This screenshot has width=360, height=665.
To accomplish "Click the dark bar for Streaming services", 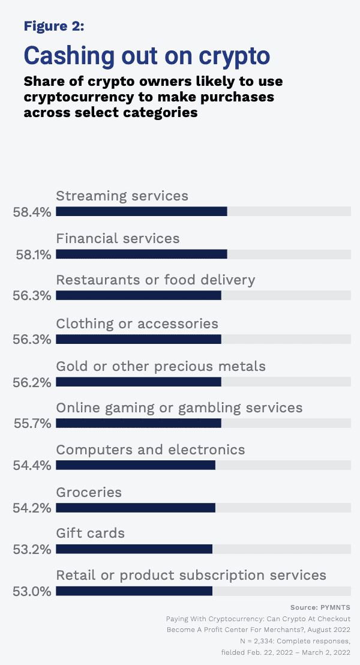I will [x=141, y=211].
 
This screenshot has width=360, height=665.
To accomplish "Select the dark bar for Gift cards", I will [x=134, y=549].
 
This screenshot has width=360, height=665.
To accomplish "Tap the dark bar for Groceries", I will [x=135, y=507].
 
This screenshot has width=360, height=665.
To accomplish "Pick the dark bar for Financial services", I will [x=141, y=254].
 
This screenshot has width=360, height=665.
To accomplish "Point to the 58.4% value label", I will [x=32, y=211].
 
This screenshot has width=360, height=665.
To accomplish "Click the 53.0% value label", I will [x=32, y=591].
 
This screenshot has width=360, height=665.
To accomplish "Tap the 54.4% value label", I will [x=32, y=465].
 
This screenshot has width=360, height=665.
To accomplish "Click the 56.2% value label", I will [x=32, y=381].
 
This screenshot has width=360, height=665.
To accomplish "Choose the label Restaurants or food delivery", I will [x=155, y=280].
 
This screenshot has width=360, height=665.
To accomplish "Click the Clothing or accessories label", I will [x=137, y=323].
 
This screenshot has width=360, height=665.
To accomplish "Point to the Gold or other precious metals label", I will [x=160, y=366].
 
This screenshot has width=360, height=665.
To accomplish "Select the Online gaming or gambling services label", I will [x=179, y=408].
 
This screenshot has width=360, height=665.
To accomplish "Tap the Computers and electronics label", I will [x=151, y=450].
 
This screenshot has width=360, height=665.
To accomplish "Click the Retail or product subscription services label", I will [x=191, y=575].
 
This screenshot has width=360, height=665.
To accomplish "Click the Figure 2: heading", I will [x=54, y=26].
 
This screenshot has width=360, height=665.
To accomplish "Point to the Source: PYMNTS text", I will [x=320, y=607].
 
